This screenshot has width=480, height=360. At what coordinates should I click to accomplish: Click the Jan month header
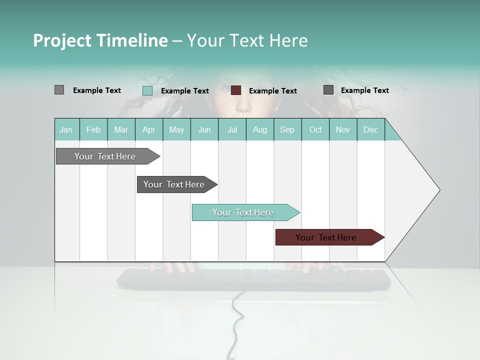[x=66, y=130]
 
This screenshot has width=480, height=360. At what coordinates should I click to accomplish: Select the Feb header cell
[x=93, y=130]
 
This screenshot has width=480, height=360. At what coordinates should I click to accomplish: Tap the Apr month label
[x=148, y=130]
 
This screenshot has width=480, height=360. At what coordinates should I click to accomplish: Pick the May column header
[x=176, y=130]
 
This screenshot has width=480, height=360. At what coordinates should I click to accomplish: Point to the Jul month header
[x=232, y=130]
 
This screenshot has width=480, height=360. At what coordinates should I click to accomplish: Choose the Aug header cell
[x=259, y=130]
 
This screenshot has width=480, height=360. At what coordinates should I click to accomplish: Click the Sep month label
[x=287, y=130]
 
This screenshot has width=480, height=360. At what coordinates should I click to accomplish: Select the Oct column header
[x=315, y=130]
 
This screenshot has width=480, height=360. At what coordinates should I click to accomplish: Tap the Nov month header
[x=342, y=130]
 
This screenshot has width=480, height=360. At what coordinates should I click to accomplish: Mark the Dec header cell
[x=370, y=130]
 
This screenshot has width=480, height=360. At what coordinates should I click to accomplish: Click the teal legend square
[x=147, y=90]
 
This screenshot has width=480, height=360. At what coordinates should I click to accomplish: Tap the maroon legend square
[x=236, y=90]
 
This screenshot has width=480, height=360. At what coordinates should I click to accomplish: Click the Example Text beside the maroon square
[x=272, y=91]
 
